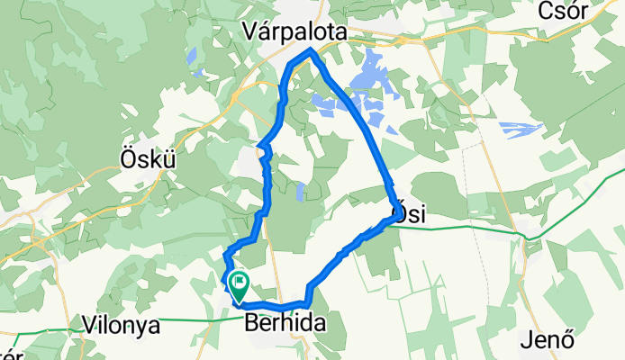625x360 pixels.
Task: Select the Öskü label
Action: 145,157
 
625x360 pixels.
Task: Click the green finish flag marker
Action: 239,284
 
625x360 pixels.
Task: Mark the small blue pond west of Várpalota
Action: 193,57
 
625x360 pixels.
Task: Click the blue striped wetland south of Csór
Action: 521,130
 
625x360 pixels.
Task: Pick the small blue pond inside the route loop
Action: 300,191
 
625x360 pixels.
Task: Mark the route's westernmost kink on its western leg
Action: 259,146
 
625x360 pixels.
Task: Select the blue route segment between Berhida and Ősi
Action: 347,253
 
